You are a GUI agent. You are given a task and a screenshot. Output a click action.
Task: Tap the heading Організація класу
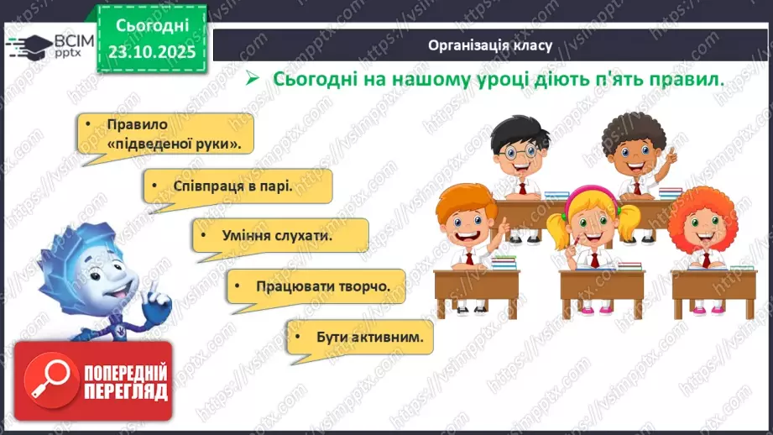(489, 45)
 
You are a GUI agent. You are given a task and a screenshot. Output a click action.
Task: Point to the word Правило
(138, 125)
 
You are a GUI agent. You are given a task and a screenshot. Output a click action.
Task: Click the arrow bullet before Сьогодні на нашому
(249, 79)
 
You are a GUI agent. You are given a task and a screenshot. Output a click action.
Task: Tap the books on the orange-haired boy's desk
(503, 262)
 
